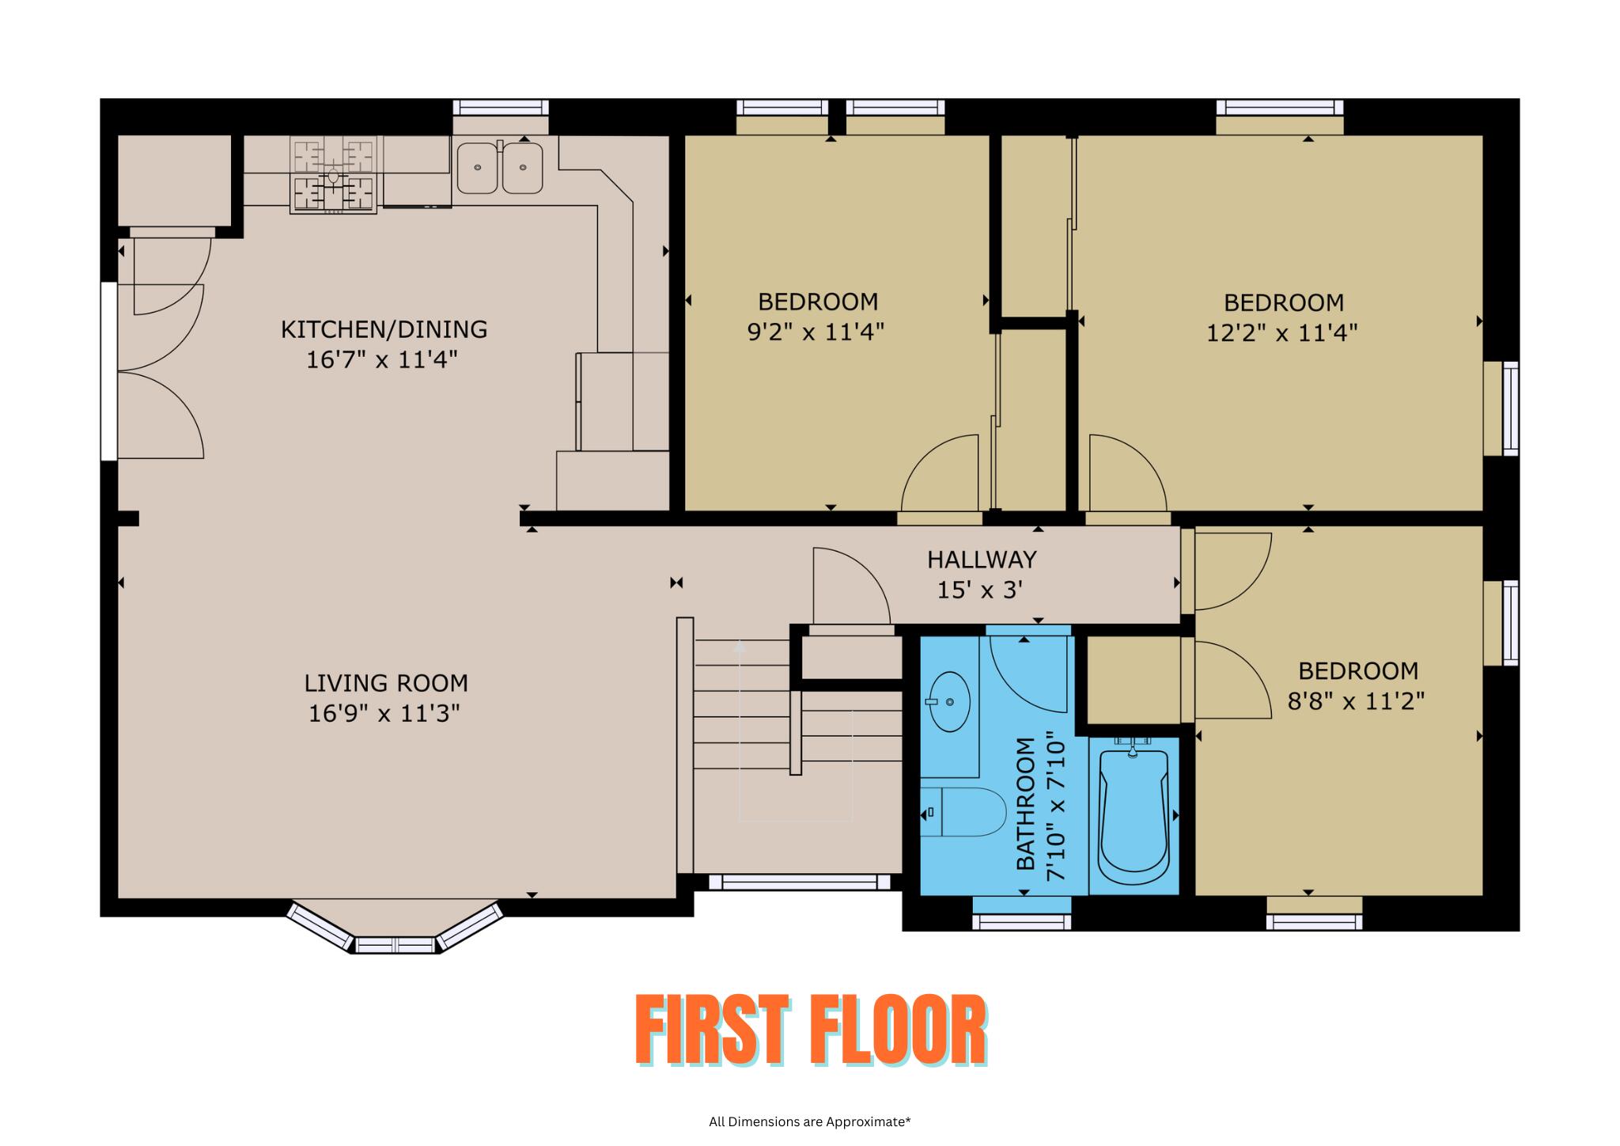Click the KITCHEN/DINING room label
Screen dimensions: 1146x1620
[384, 329]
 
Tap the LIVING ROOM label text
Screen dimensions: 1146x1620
[386, 683]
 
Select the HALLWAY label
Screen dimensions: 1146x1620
[982, 560]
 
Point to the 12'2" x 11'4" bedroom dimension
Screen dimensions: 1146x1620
[1281, 333]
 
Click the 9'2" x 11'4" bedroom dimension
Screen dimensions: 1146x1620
[816, 332]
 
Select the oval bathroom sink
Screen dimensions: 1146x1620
[949, 701]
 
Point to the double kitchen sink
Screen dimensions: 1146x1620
[500, 168]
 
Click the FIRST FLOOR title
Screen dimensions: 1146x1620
[810, 1030]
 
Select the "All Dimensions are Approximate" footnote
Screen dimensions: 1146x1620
[809, 1121]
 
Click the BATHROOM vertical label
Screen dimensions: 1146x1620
[1025, 804]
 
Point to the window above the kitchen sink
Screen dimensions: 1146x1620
[500, 108]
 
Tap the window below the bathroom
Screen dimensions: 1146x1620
[1021, 921]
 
